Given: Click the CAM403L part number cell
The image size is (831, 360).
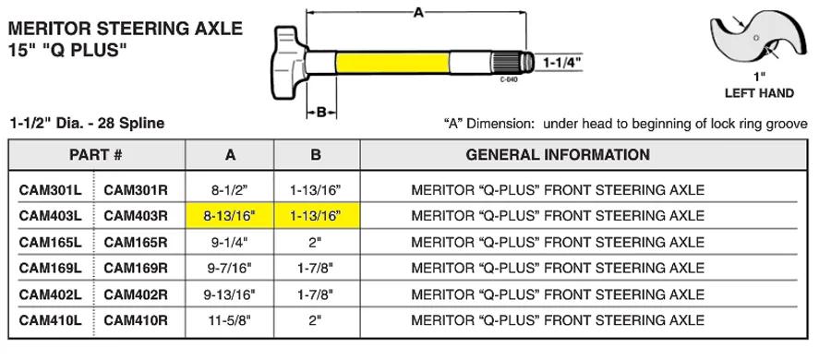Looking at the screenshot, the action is [x=51, y=216].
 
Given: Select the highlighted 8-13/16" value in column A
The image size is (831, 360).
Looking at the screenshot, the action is [x=230, y=216].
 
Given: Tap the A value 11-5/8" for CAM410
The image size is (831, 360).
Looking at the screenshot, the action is [x=230, y=320].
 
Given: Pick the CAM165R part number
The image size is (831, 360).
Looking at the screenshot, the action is [x=136, y=242].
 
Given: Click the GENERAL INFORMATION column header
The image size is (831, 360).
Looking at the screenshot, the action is [x=558, y=155].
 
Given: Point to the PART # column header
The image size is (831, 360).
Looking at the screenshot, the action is [x=96, y=155].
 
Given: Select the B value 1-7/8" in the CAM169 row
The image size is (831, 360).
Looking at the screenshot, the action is [x=316, y=269].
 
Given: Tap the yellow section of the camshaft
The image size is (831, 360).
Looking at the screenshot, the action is [x=392, y=63].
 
